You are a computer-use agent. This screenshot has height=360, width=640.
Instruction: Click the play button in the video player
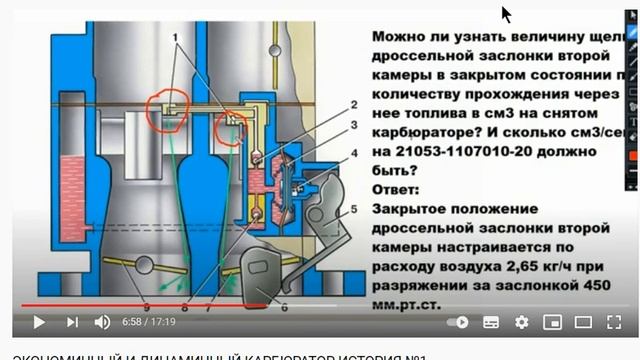39,322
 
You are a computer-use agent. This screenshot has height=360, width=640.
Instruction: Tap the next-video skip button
72,322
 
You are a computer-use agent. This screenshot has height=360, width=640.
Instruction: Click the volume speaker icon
102,322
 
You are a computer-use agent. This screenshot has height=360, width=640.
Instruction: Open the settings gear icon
521,322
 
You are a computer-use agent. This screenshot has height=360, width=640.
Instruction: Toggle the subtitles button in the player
491,322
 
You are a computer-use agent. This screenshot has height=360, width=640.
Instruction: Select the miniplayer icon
552,322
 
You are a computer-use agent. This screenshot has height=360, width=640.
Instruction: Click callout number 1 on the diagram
179,38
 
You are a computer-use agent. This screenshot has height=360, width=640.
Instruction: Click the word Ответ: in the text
397,189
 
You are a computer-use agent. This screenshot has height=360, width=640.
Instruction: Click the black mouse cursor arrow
507,15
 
